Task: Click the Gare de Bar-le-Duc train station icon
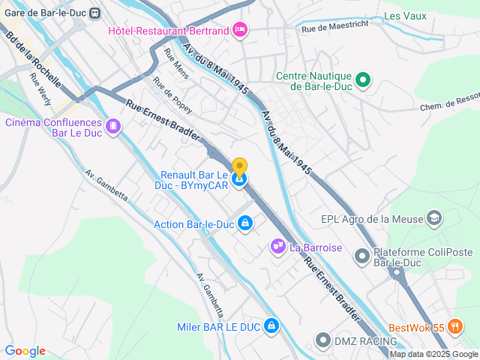[x=95, y=13]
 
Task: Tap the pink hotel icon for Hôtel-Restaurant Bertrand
[x=239, y=30]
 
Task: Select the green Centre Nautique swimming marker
[x=363, y=79]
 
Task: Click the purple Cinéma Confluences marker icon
[x=113, y=125]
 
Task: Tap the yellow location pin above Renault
[x=239, y=167]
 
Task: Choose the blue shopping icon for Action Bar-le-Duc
[x=245, y=223]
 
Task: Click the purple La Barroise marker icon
[x=277, y=246]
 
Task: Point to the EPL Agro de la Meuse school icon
[x=433, y=218]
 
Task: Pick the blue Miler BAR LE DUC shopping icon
[x=271, y=326]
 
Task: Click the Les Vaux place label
[x=404, y=15]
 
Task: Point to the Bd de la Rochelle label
[x=32, y=63]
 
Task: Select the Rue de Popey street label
[x=172, y=95]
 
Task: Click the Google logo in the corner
[x=25, y=350]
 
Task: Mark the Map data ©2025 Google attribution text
[x=433, y=354]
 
